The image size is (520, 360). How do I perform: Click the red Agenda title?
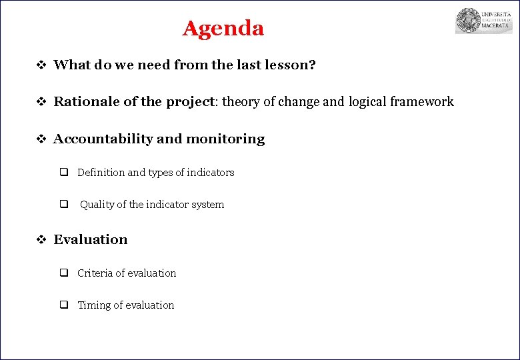pyautogui.click(x=223, y=29)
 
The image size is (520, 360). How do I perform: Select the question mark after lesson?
pyautogui.click(x=312, y=65)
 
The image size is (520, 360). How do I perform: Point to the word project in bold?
pyautogui.click(x=189, y=102)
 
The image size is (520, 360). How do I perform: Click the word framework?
pyautogui.click(x=422, y=101)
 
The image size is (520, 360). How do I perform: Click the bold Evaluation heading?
pyautogui.click(x=90, y=239)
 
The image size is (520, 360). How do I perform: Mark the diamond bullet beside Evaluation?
pyautogui.click(x=40, y=240)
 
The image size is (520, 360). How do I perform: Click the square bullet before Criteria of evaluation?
pyautogui.click(x=65, y=273)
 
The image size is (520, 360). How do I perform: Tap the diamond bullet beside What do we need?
pyautogui.click(x=40, y=65)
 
